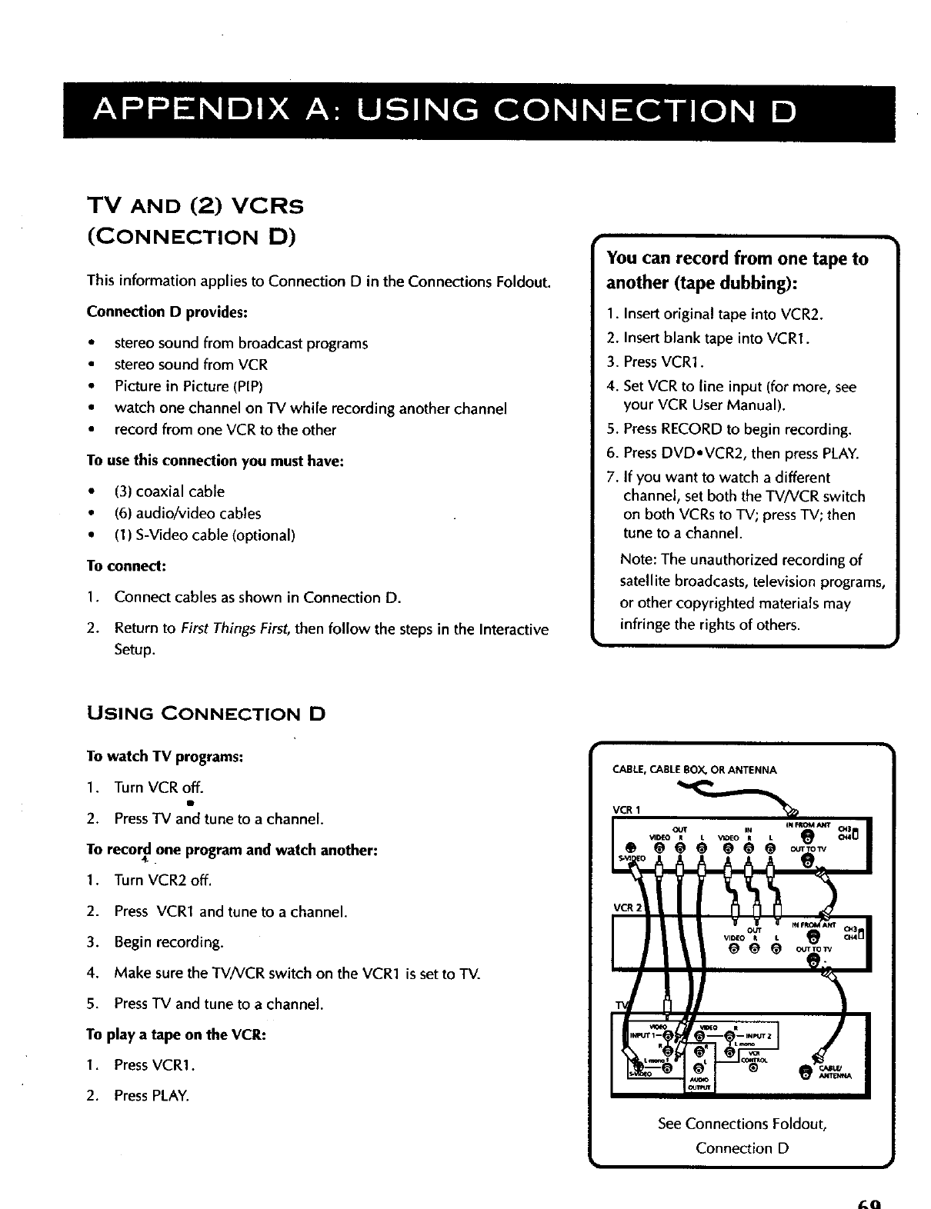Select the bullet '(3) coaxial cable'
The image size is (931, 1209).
click(169, 491)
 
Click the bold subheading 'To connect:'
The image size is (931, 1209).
click(127, 566)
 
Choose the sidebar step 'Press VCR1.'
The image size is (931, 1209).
click(653, 362)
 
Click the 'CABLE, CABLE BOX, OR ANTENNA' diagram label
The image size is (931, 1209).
click(694, 770)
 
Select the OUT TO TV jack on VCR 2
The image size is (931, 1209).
click(806, 961)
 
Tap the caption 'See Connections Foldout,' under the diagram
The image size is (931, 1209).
click(742, 1124)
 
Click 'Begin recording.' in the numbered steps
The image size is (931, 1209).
click(169, 942)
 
